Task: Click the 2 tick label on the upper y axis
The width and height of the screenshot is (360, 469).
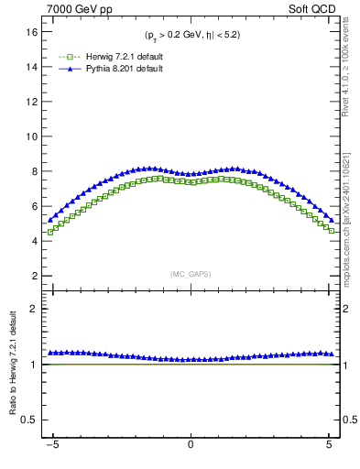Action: coord(33,276)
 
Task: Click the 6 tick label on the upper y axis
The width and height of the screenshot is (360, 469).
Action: coord(33,206)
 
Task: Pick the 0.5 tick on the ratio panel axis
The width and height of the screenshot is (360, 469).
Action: coord(28,420)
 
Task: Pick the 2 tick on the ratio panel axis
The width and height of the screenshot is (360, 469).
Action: coord(33,309)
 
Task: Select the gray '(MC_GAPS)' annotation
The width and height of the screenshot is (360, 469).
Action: coord(191,274)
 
